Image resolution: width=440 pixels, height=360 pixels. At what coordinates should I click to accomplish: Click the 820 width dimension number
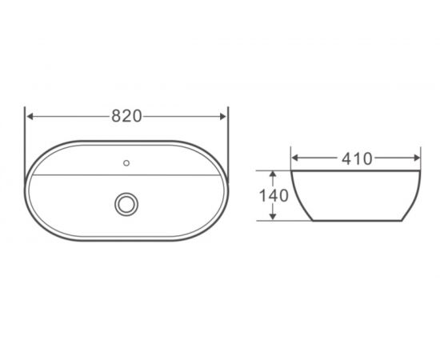[126, 116]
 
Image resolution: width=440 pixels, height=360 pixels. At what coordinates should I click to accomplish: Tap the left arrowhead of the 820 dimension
[30, 116]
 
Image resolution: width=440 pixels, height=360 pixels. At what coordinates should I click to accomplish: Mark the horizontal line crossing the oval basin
[80, 174]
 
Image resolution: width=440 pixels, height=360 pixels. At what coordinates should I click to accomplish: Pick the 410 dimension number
[355, 158]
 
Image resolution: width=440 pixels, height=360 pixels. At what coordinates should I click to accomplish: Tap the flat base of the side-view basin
[355, 221]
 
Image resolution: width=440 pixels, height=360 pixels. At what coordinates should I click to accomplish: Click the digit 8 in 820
[116, 116]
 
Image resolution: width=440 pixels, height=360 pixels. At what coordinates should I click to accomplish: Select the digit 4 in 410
[346, 158]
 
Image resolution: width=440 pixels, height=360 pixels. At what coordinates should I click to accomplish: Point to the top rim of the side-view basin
[355, 170]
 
